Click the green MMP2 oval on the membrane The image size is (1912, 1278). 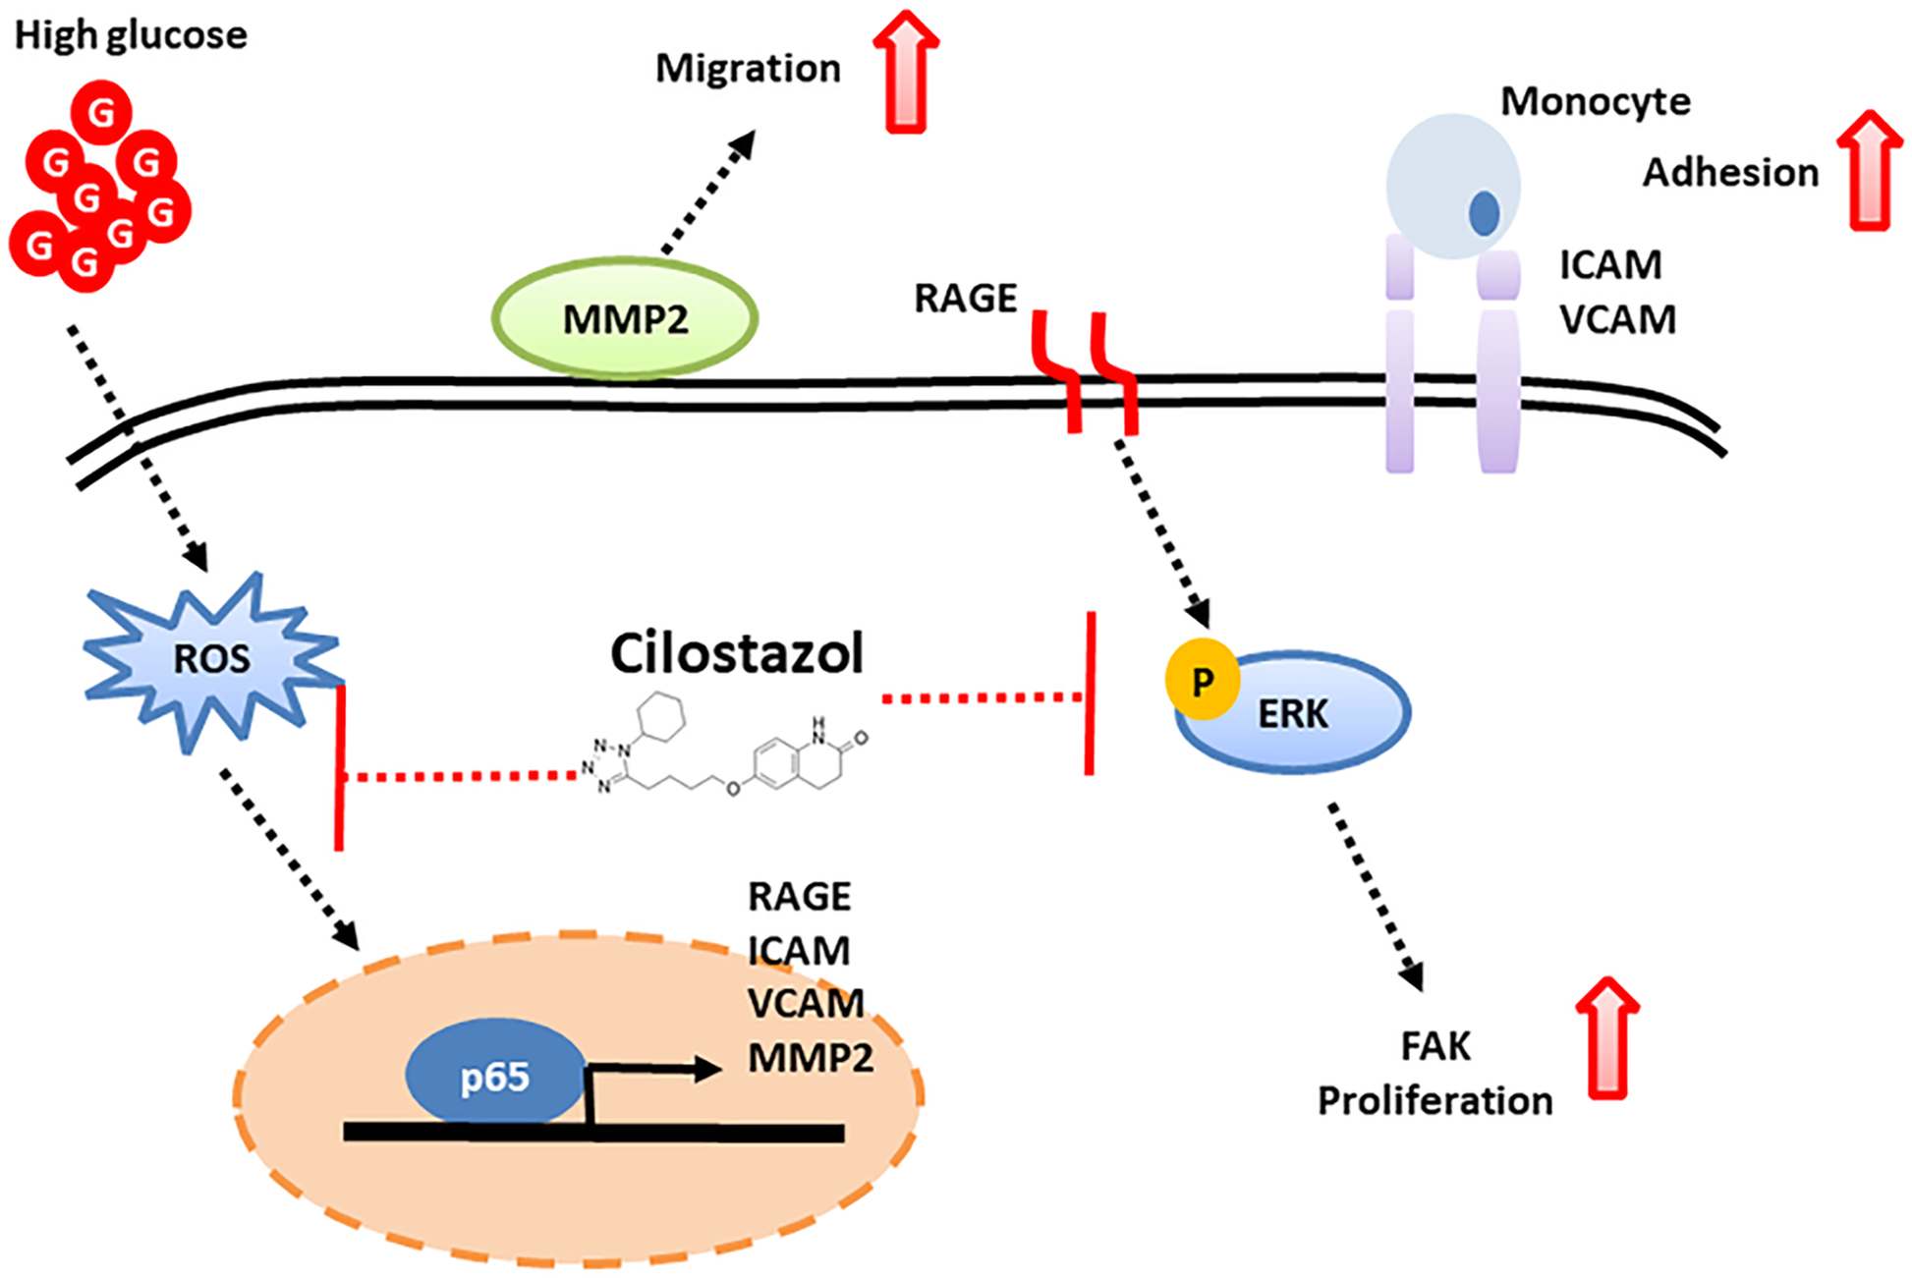(624, 318)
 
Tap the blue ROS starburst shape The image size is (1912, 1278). (211, 658)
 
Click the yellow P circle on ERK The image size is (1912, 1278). (1202, 680)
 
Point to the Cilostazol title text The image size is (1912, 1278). (736, 653)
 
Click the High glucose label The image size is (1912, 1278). (131, 35)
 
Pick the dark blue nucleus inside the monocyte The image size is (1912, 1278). (1484, 213)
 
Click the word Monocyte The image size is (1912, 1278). (1595, 101)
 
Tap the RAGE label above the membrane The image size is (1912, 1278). (965, 299)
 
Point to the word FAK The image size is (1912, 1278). (1435, 1046)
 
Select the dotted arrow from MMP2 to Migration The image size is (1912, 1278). (709, 193)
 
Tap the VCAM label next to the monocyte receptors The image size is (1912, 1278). (1617, 320)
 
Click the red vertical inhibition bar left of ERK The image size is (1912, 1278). (1090, 693)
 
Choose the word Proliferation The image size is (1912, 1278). (1434, 1100)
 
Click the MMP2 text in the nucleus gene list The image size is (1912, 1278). (811, 1058)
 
